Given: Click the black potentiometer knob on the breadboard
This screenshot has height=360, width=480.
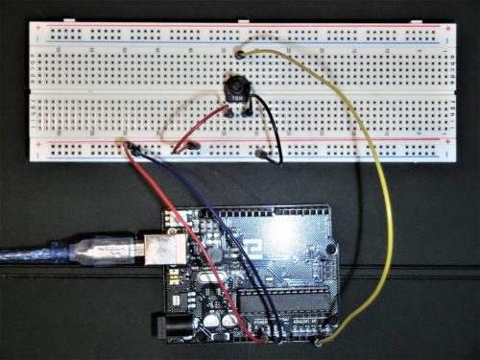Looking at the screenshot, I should (x=234, y=87).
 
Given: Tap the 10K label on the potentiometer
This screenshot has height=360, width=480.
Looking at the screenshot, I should (x=234, y=99).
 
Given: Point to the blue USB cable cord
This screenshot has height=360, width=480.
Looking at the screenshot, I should (x=29, y=256).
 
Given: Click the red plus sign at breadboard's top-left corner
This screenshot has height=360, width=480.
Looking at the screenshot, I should (x=36, y=27).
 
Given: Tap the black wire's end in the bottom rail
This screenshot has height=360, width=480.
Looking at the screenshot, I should (x=260, y=153).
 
